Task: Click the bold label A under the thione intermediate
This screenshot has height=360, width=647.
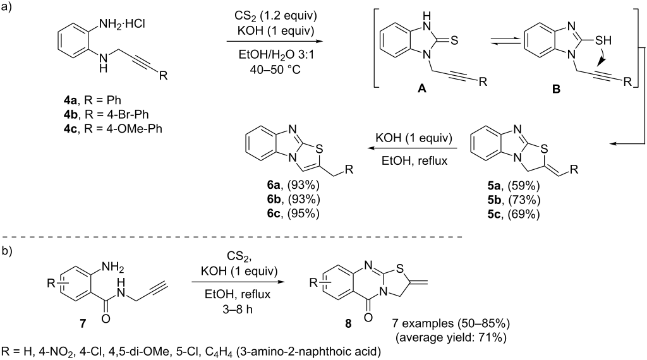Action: (x=421, y=88)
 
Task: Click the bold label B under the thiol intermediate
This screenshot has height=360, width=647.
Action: (x=556, y=88)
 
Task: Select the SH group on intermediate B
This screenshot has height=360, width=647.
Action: (x=603, y=40)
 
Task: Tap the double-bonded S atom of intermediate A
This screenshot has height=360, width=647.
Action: (x=454, y=40)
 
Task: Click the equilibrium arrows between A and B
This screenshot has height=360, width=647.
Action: (x=501, y=41)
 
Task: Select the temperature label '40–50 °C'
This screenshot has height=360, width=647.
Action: (x=275, y=69)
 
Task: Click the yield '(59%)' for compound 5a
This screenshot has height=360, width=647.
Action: (x=524, y=186)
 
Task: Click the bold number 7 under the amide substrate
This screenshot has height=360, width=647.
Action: (x=83, y=324)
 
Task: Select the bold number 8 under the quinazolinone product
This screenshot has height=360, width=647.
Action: (x=348, y=324)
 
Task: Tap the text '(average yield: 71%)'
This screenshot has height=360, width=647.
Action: (x=450, y=338)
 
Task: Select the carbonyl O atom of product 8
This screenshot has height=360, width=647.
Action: (x=368, y=318)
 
